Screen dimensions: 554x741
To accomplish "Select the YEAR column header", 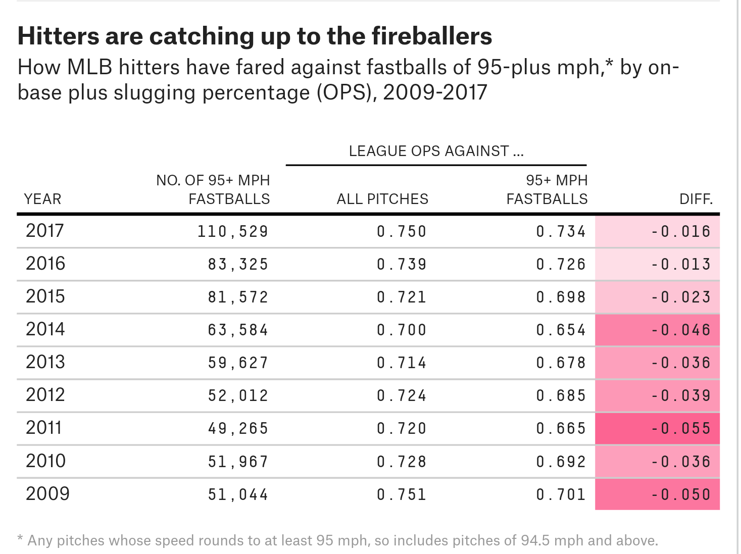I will tap(42, 199).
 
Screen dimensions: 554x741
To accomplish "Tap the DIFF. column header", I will tap(696, 199).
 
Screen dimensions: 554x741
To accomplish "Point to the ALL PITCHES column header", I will tap(382, 199).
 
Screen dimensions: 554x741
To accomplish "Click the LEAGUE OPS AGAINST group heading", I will tap(436, 151).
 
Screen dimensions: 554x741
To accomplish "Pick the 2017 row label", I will tap(45, 231).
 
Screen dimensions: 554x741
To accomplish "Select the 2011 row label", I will tap(44, 428).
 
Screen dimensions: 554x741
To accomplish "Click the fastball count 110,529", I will tap(233, 231).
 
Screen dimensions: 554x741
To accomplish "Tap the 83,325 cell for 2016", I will tap(238, 264).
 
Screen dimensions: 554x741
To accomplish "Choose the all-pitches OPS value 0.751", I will tap(402, 494).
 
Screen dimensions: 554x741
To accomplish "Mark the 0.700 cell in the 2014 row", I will tap(402, 330).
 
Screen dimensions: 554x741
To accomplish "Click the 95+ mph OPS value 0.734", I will tap(561, 231).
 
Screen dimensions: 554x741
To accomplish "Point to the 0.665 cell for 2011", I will tap(561, 428).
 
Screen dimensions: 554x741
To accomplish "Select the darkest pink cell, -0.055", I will tap(680, 428).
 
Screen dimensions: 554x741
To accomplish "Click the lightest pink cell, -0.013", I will tap(680, 264).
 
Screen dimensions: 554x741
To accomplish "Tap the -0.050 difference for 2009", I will tap(680, 494).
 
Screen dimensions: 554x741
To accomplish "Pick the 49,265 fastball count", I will tap(238, 428).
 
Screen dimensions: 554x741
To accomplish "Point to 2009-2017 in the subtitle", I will tap(435, 92).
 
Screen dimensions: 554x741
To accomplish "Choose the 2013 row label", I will tap(45, 362).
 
